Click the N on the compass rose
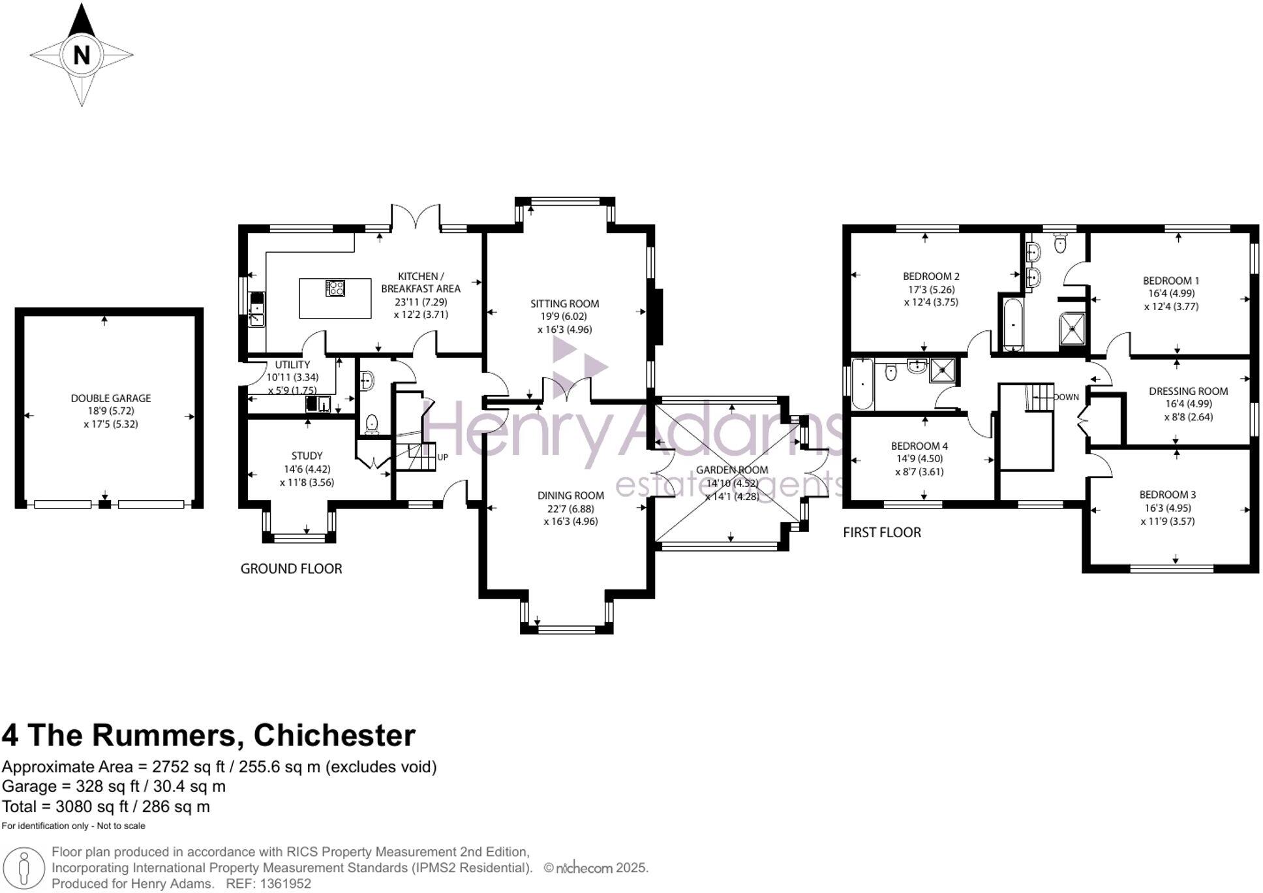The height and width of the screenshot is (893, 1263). point(81,55)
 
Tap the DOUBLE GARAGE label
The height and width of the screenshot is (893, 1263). point(111,398)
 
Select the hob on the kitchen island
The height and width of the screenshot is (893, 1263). point(335,288)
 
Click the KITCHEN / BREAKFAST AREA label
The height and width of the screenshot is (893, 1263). point(421,283)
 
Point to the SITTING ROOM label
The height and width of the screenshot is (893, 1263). point(564,304)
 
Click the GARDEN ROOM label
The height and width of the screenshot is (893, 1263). point(732,470)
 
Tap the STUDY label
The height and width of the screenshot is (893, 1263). point(307,456)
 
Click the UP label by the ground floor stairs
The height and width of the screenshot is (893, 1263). point(442,458)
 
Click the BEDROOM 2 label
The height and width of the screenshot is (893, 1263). point(931,276)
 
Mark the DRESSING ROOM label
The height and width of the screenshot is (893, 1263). point(1188,391)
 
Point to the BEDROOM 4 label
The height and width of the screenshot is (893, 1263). point(919,446)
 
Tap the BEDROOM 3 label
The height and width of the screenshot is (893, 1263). point(1167,495)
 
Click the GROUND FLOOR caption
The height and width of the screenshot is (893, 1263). point(291,569)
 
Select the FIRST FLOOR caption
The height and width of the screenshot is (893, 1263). point(881,533)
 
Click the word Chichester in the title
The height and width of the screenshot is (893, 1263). point(334,735)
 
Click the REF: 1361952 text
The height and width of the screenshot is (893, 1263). point(268,884)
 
